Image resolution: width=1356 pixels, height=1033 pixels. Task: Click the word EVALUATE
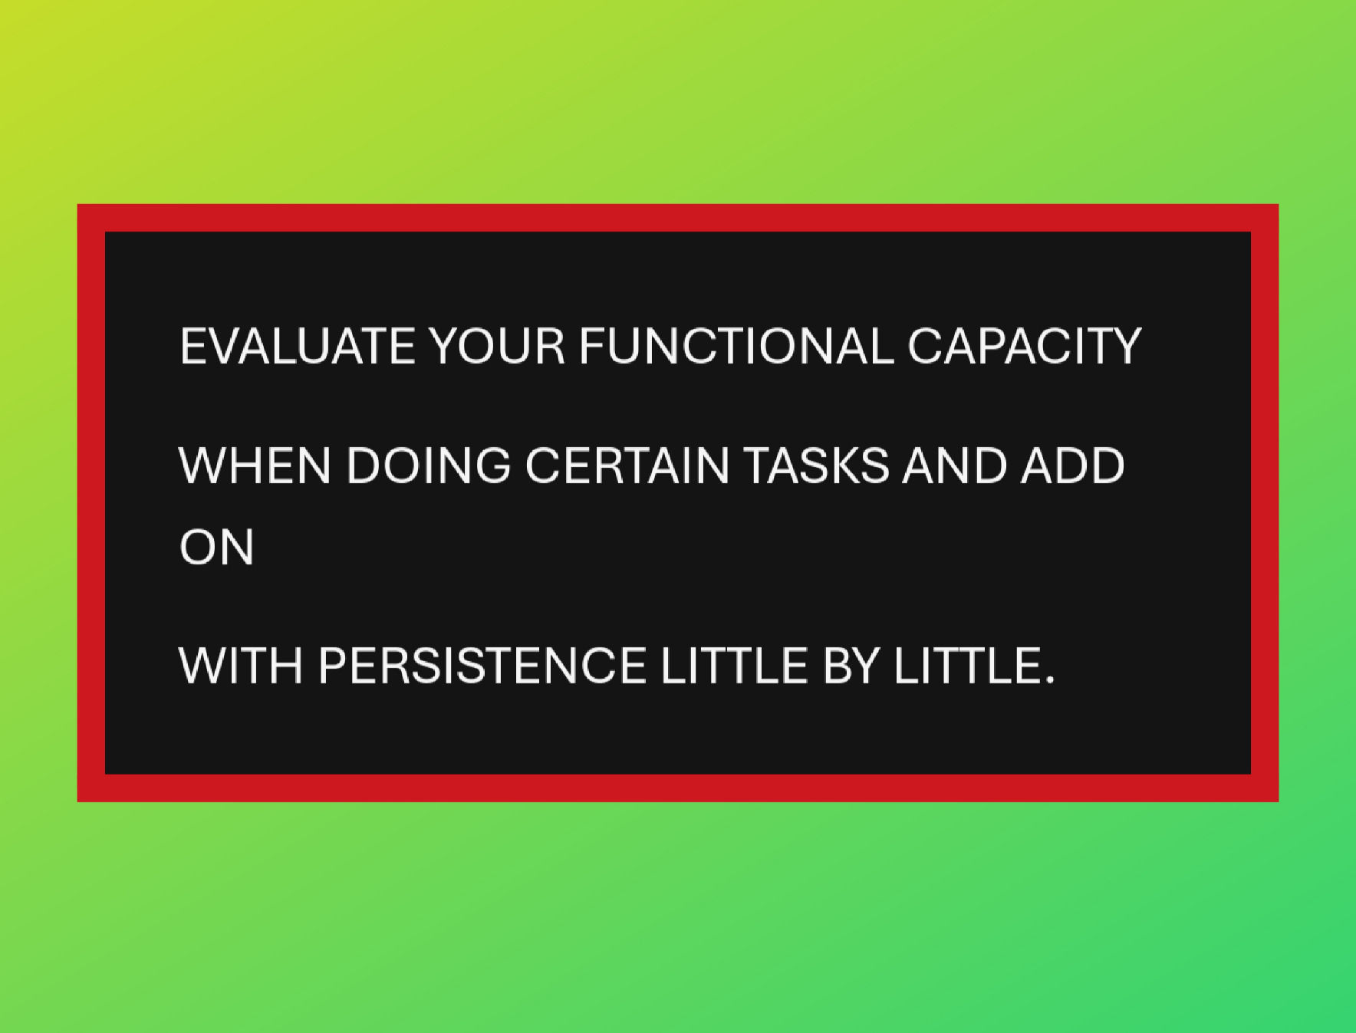tap(297, 346)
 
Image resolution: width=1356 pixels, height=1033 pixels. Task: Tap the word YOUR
tap(496, 346)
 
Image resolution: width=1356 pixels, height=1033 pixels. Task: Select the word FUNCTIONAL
tap(736, 346)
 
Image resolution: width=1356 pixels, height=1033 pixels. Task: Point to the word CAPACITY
tap(1024, 346)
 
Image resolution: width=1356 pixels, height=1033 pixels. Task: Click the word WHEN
tap(254, 466)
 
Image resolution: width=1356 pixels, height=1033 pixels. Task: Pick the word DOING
tap(428, 466)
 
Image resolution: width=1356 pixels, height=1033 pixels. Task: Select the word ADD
tap(1072, 466)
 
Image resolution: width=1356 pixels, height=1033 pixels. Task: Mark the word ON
tap(216, 548)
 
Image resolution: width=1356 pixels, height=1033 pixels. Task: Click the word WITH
tap(240, 665)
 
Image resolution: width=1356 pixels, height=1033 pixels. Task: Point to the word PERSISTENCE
tap(482, 665)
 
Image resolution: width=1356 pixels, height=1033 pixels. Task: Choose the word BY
tap(850, 665)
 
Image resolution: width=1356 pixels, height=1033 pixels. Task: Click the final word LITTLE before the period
tap(966, 665)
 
